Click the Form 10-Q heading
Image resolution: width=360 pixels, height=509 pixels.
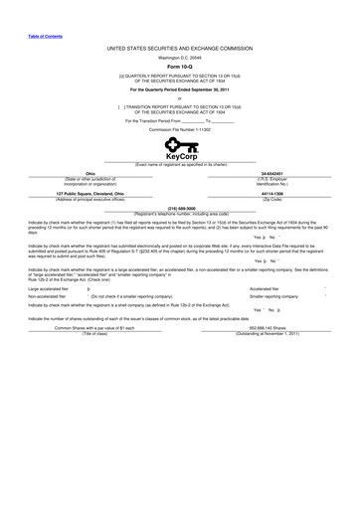click(x=180, y=67)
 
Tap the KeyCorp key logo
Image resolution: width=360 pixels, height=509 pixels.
click(x=180, y=148)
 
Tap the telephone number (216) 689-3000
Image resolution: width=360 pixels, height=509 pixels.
click(x=180, y=208)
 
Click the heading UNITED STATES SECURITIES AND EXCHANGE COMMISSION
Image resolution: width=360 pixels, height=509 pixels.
click(x=180, y=47)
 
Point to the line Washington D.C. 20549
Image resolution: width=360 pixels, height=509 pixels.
click(x=180, y=57)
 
